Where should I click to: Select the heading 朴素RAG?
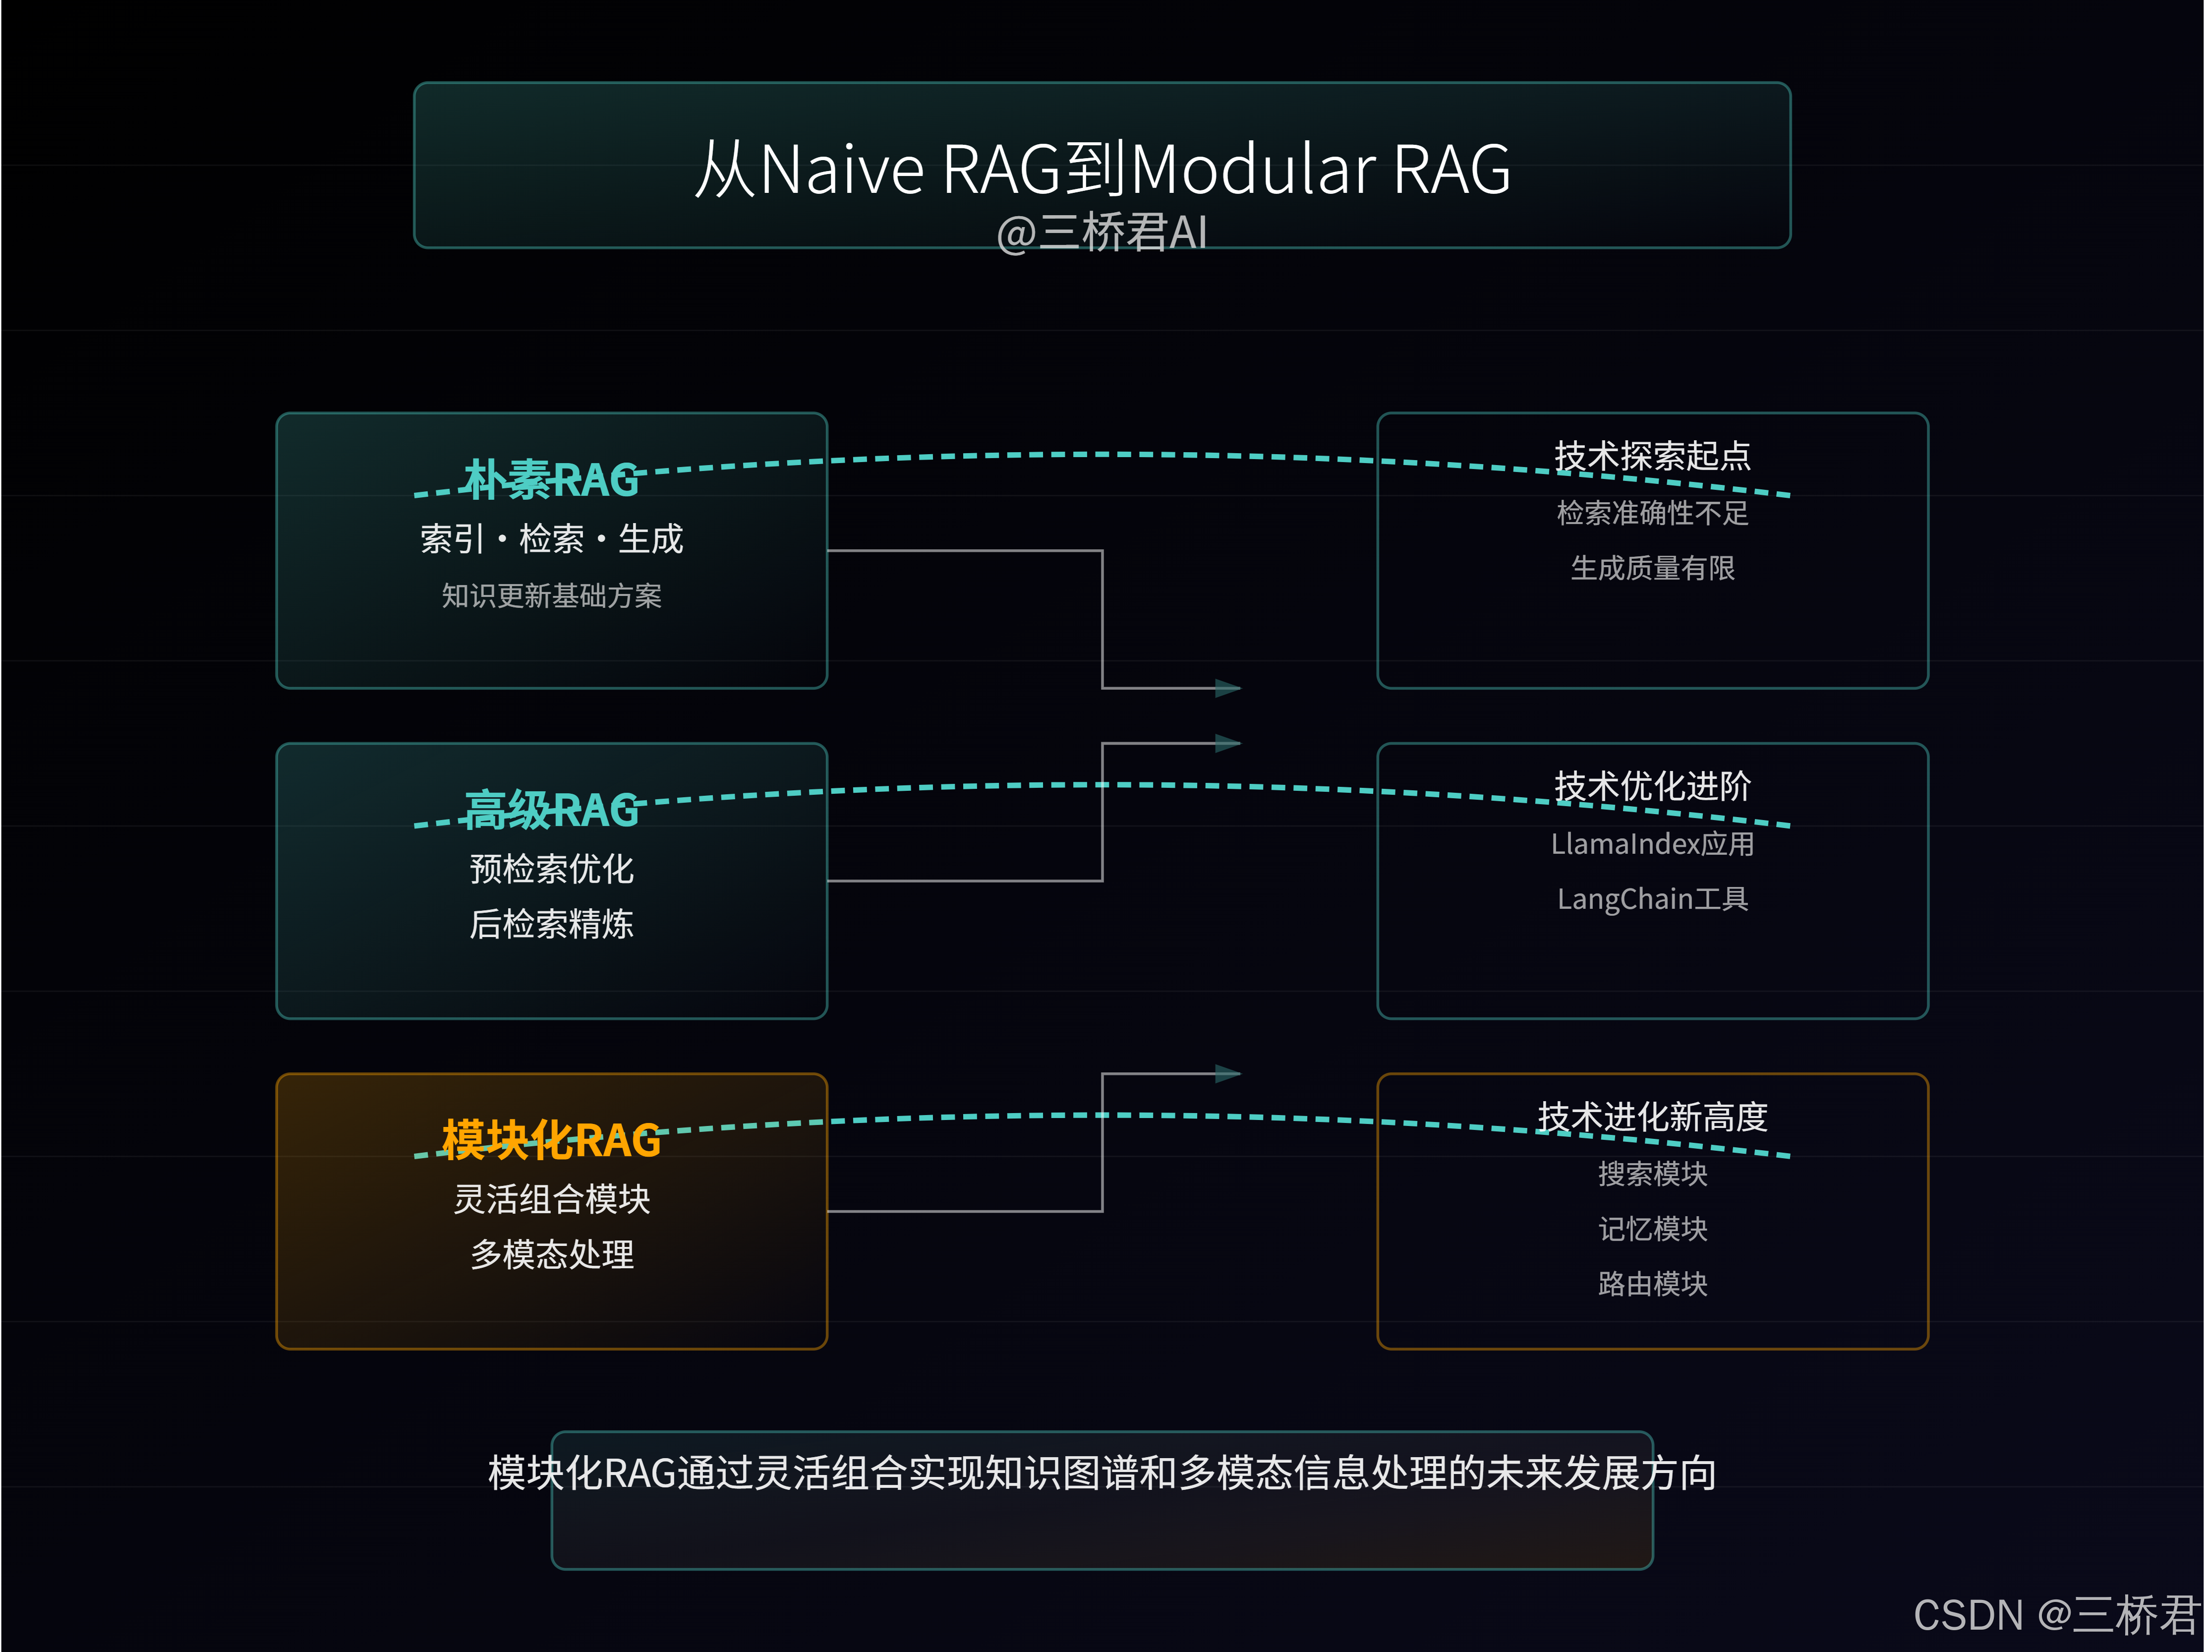[551, 479]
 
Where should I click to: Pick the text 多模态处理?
[551, 1254]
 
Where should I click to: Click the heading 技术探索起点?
[1652, 456]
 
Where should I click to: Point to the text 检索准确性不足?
[1652, 514]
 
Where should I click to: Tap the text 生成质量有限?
[1652, 568]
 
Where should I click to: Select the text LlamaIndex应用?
[1652, 844]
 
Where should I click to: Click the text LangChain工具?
[1652, 899]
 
